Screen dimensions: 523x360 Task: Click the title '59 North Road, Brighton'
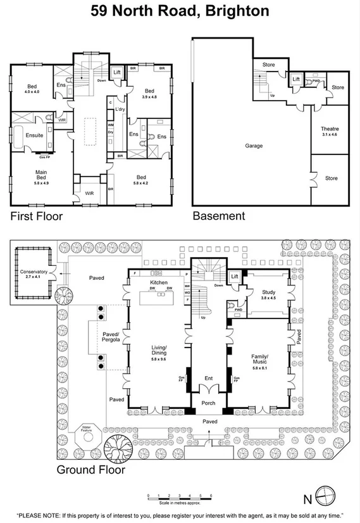(x=180, y=11)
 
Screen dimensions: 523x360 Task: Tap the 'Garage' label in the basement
(x=254, y=146)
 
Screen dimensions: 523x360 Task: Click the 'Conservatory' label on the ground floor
(x=32, y=272)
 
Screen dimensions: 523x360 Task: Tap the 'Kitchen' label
(x=158, y=282)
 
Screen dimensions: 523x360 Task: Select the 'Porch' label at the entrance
(x=208, y=403)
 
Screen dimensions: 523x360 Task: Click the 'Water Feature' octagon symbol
(x=87, y=436)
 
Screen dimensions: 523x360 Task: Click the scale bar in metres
(x=180, y=497)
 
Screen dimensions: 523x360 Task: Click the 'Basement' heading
(x=218, y=216)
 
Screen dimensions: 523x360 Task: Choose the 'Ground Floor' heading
(x=90, y=469)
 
